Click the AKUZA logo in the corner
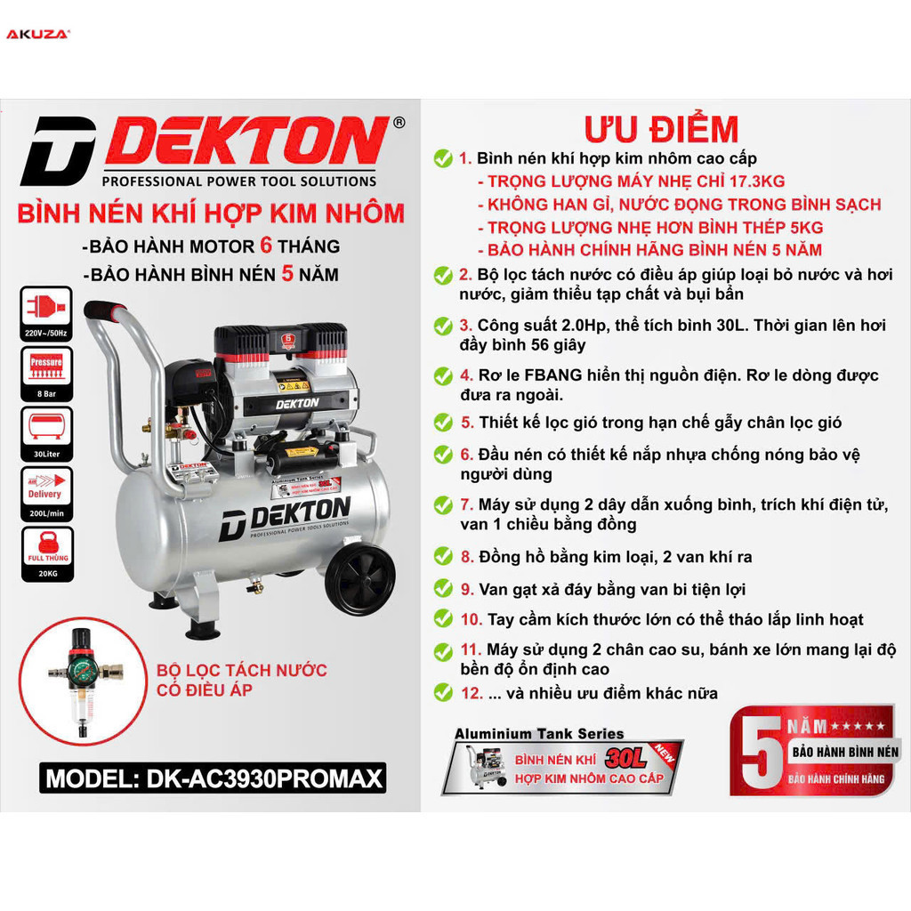(x=38, y=35)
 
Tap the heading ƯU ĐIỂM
(x=661, y=130)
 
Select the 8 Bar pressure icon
(x=45, y=370)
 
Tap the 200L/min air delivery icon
(x=45, y=492)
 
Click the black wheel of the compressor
(x=360, y=579)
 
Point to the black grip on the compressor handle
(x=106, y=311)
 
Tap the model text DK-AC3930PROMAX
(x=214, y=779)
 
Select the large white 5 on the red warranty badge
(x=758, y=753)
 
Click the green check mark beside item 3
(x=442, y=327)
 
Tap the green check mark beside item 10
(x=442, y=619)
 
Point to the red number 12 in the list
(x=472, y=693)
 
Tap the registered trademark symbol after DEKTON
(x=399, y=123)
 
